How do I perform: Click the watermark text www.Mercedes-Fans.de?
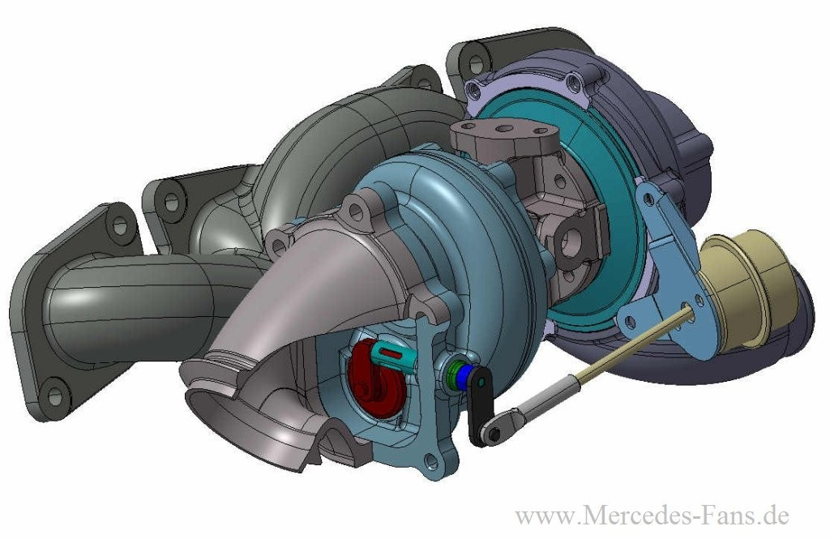[652, 514]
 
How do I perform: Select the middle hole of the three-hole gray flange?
[503, 127]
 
